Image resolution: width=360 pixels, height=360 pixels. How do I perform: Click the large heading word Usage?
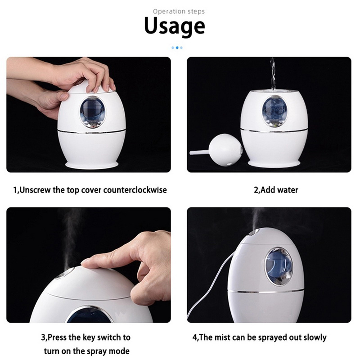click(x=175, y=27)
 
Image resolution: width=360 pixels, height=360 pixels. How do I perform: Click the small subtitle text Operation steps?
click(x=179, y=12)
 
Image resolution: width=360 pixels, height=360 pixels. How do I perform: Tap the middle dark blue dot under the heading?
click(x=177, y=48)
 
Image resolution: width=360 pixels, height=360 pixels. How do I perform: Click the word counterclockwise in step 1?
click(x=135, y=190)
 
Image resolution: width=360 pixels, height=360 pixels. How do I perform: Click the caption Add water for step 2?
click(x=279, y=190)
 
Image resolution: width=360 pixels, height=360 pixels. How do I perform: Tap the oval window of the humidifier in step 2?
click(x=274, y=111)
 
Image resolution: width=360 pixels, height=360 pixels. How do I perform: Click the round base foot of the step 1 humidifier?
click(x=92, y=165)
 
